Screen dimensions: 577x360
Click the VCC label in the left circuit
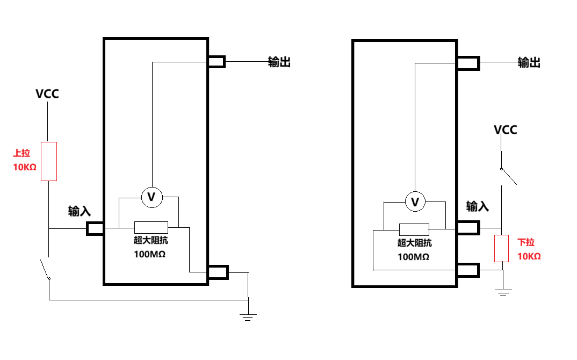(x=47, y=93)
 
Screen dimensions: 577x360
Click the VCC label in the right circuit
(x=505, y=129)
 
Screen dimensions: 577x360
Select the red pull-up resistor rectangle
(x=48, y=161)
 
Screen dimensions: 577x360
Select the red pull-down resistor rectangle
(x=502, y=248)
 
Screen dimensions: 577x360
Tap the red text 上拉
(x=21, y=153)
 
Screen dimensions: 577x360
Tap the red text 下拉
(x=526, y=242)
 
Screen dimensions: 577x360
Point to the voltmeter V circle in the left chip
(x=152, y=197)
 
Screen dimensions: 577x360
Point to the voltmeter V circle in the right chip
(x=415, y=201)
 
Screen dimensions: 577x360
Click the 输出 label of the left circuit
(x=279, y=62)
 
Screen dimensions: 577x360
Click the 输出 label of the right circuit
(x=529, y=62)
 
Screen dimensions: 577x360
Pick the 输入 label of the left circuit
(x=79, y=211)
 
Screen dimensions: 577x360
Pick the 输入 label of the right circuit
(x=477, y=206)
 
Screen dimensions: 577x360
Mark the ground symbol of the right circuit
(x=503, y=293)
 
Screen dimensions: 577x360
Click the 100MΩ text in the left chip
(x=149, y=254)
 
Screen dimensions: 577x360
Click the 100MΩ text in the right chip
(x=413, y=256)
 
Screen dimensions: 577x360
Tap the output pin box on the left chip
(x=217, y=61)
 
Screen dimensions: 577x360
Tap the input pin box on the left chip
(x=95, y=228)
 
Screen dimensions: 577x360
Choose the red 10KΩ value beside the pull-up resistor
(x=25, y=167)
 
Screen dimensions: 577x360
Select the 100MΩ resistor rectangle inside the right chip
(x=414, y=229)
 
